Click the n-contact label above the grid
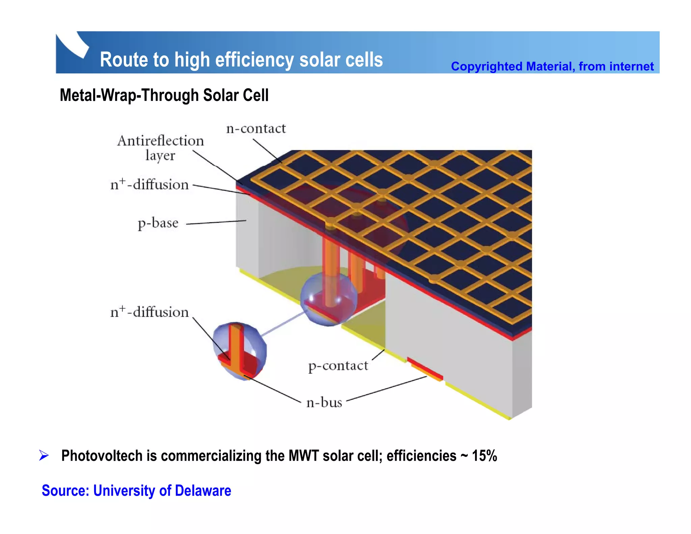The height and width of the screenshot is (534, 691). click(x=256, y=129)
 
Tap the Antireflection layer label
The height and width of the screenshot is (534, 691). click(x=161, y=148)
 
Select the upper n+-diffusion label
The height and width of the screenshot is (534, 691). click(x=149, y=185)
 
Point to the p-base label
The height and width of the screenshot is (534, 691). click(x=158, y=223)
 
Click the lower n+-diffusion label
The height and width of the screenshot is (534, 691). click(x=149, y=312)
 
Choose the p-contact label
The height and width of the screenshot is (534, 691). click(x=338, y=366)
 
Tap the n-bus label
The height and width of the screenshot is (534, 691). click(x=324, y=402)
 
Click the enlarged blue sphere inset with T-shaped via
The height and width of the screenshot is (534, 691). click(x=240, y=351)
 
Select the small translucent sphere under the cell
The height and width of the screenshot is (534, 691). click(x=328, y=299)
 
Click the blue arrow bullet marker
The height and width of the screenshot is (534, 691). click(x=44, y=455)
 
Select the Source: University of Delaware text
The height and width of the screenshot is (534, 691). click(x=136, y=490)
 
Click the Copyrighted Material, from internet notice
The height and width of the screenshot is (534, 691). click(x=552, y=66)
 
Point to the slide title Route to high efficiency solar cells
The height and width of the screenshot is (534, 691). click(x=241, y=60)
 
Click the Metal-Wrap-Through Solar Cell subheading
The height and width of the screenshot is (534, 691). click(x=164, y=95)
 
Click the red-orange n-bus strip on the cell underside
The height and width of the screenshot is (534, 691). click(x=426, y=369)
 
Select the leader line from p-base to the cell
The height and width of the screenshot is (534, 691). click(x=216, y=222)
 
